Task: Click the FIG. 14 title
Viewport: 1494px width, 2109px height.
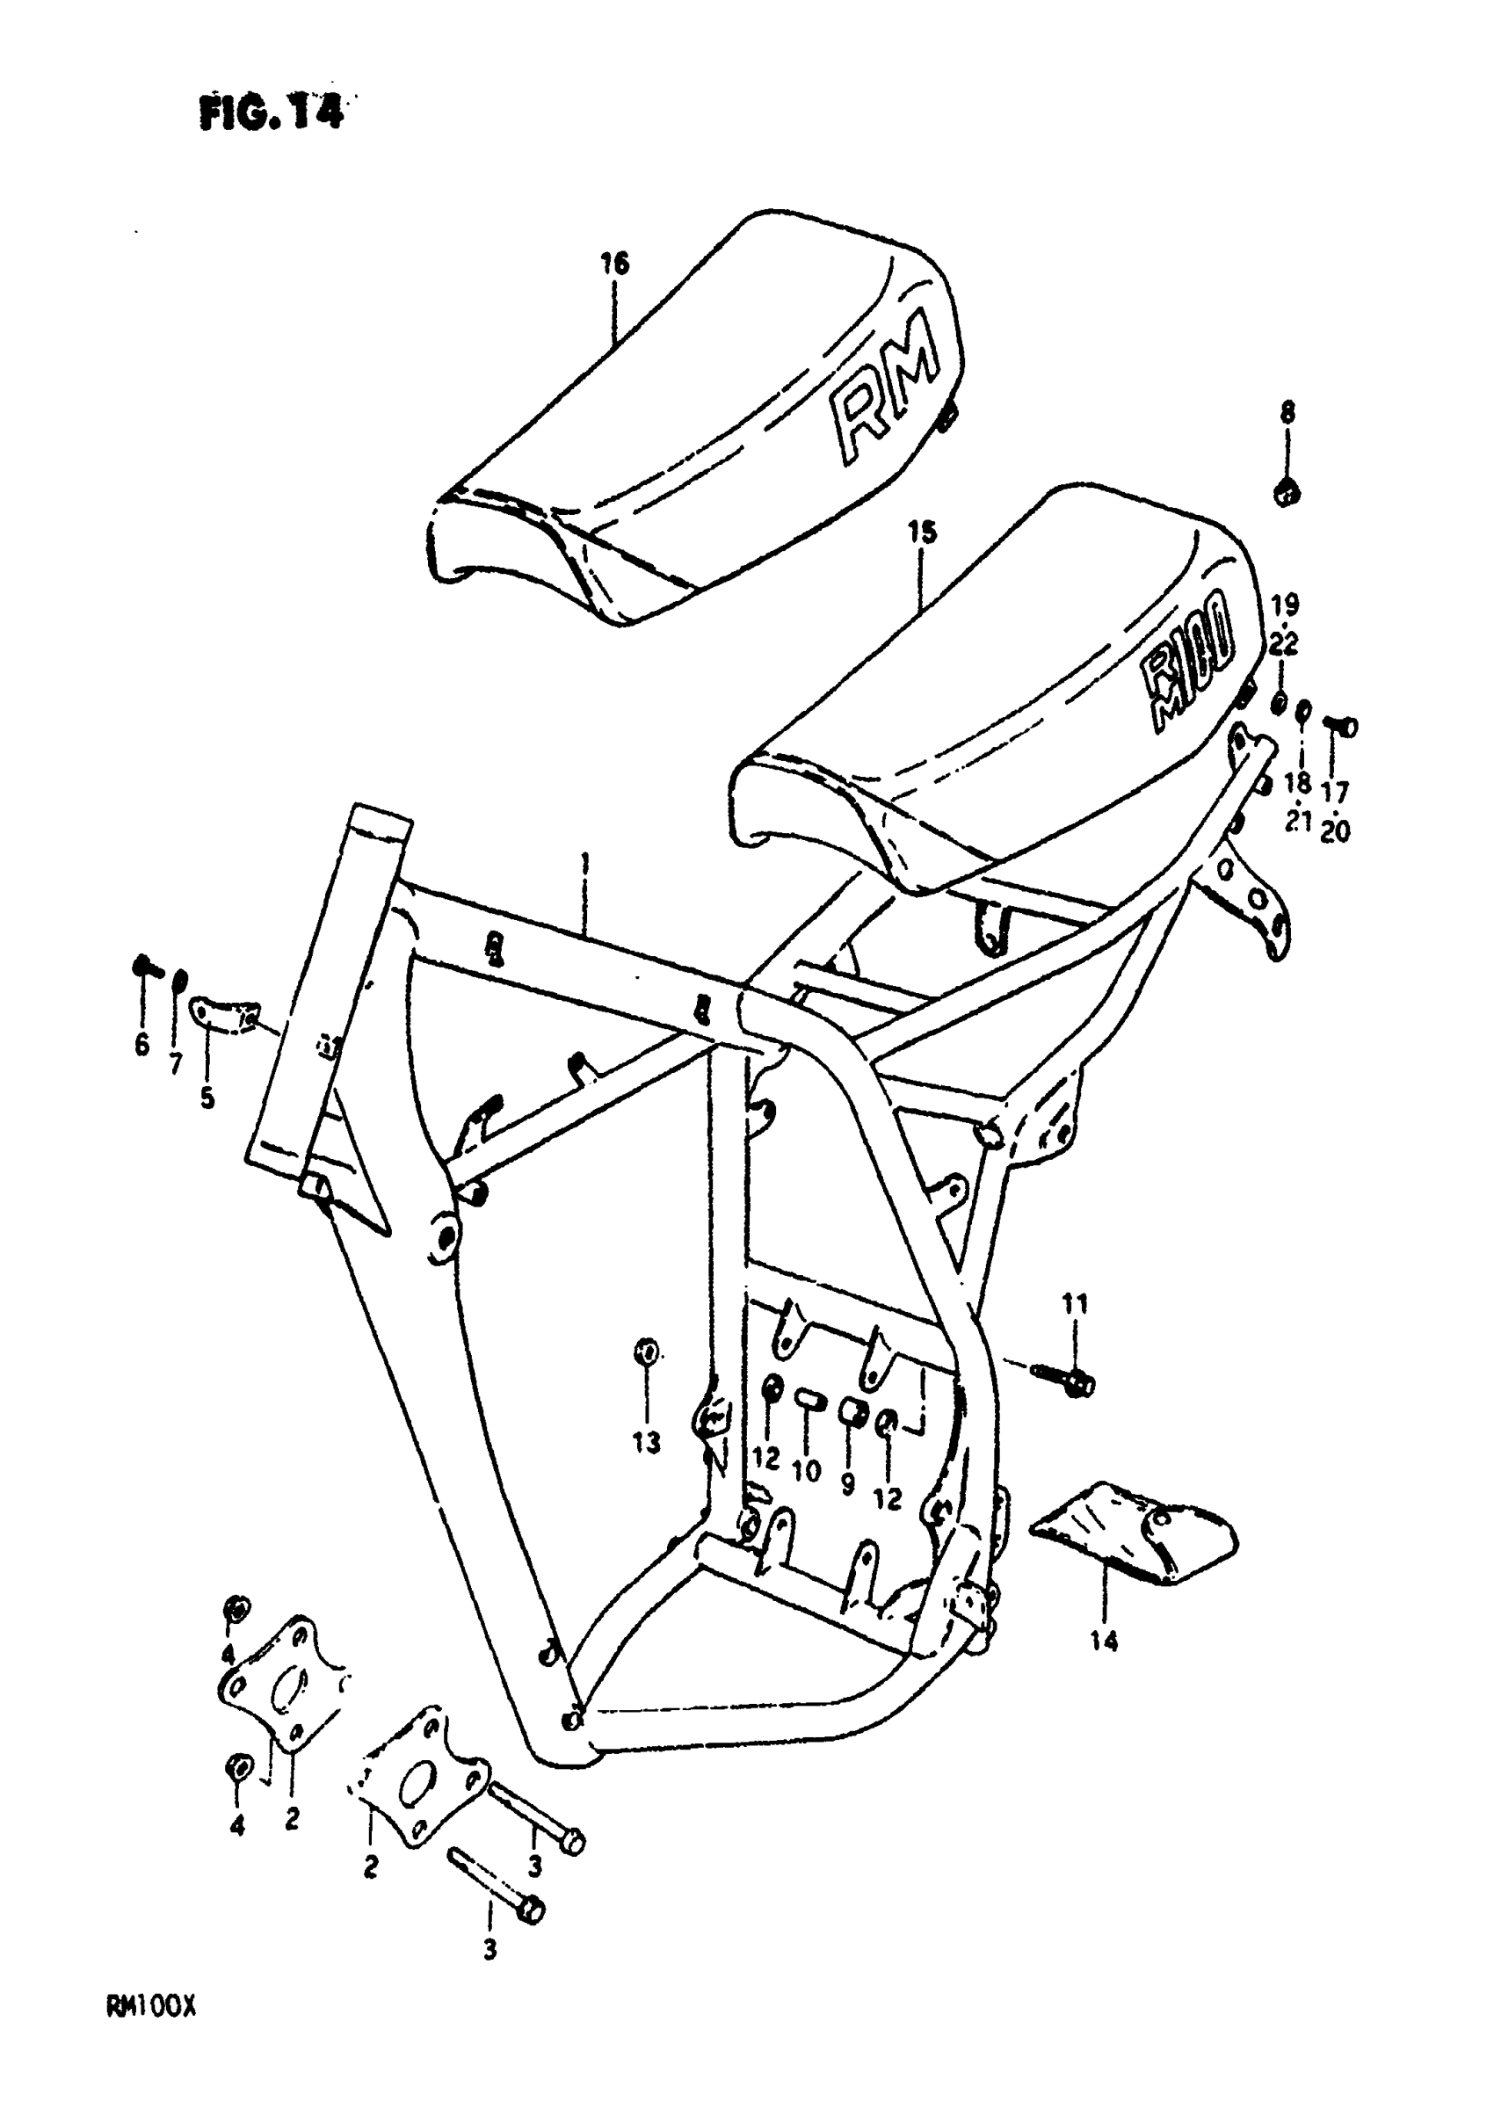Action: pos(272,112)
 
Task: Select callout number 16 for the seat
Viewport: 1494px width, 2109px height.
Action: pos(614,264)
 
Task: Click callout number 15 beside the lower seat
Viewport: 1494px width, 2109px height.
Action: pos(921,533)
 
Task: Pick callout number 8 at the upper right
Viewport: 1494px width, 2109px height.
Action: pos(1287,413)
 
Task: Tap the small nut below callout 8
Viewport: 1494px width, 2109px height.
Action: pos(1287,493)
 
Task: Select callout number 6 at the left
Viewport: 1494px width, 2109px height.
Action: pos(141,1045)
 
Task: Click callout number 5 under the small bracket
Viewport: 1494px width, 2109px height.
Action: pos(207,1098)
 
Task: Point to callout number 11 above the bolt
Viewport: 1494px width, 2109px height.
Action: pos(1075,1303)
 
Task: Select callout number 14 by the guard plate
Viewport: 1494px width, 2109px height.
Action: pos(1104,1640)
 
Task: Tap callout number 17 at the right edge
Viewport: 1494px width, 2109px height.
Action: pos(1335,792)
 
